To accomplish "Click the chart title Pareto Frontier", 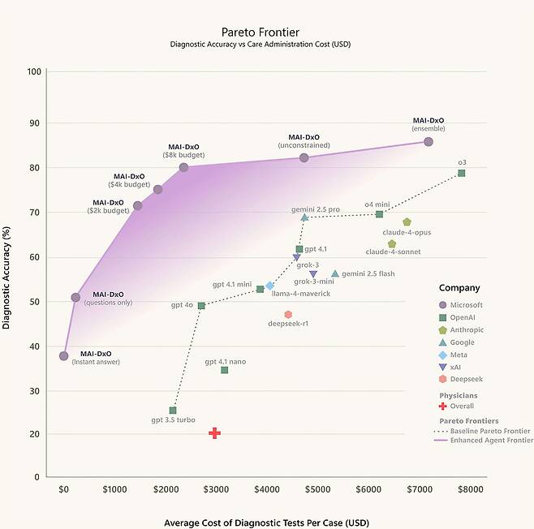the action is (x=261, y=32).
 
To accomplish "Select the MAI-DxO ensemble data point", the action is (x=428, y=142).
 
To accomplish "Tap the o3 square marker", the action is (x=461, y=174).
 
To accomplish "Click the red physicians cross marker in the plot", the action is (x=214, y=433).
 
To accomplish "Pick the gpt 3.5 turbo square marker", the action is (x=173, y=411).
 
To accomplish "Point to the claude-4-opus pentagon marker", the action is (x=407, y=222).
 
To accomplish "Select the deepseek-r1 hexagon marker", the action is (x=288, y=314).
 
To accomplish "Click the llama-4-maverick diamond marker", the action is (x=269, y=286).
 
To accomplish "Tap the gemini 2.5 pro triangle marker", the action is (x=304, y=217).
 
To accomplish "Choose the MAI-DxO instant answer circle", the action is (x=63, y=356).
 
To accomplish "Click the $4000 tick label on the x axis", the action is (x=267, y=489).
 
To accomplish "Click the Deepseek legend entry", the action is (x=461, y=379).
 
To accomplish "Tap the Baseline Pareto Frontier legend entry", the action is (x=482, y=431).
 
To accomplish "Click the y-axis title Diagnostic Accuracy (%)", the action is (x=6, y=277).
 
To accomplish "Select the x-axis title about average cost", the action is (x=266, y=523).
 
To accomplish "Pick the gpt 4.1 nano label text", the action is (x=226, y=362).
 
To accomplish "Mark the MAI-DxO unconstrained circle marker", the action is (x=304, y=157).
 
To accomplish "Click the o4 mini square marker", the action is (x=379, y=214).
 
